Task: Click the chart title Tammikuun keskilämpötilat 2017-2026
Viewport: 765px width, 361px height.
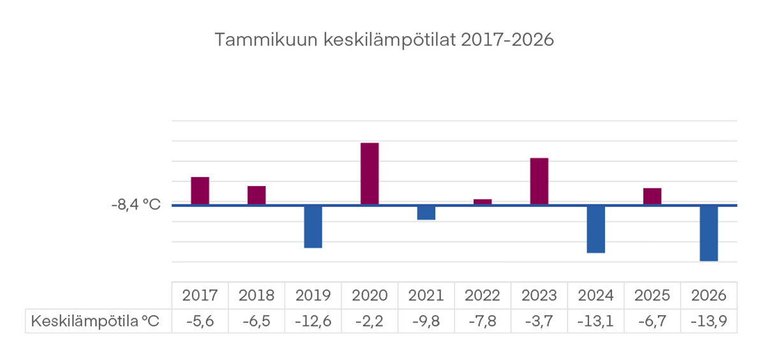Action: [384, 40]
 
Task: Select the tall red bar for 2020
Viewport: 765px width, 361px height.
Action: [370, 173]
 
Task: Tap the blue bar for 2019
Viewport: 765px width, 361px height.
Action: [313, 227]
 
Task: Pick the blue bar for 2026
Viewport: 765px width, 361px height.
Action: [709, 233]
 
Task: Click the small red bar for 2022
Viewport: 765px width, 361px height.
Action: [483, 202]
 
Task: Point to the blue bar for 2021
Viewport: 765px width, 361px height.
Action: [426, 213]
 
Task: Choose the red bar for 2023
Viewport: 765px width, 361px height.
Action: [539, 181]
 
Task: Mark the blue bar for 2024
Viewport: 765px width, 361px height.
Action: [595, 229]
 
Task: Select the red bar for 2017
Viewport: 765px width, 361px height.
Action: [200, 190]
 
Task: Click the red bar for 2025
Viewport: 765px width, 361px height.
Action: [652, 196]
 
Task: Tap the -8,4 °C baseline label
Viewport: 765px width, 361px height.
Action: [136, 205]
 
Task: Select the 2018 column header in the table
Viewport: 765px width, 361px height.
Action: [257, 295]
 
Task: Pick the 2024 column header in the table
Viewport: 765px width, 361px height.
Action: [595, 295]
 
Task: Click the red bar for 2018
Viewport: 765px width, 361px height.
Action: [257, 195]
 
